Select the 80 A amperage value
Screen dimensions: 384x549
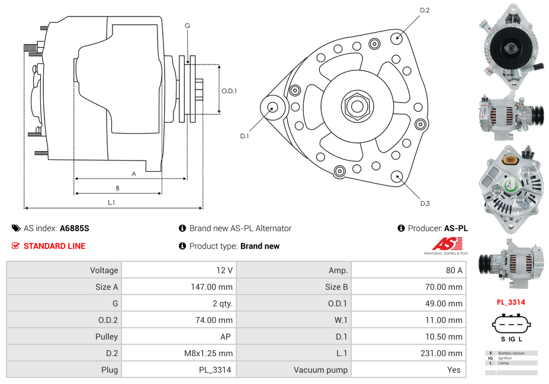(x=454, y=270)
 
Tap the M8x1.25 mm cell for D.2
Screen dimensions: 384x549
(x=208, y=353)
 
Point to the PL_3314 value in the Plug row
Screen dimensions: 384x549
(x=214, y=370)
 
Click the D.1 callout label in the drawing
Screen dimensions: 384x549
(x=244, y=136)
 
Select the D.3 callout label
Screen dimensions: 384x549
(x=425, y=204)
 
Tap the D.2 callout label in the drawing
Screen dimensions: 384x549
(x=425, y=11)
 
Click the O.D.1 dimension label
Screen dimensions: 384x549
(x=229, y=91)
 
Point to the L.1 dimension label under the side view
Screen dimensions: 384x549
(x=111, y=203)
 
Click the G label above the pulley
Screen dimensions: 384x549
(x=187, y=25)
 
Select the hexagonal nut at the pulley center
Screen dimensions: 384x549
(x=357, y=106)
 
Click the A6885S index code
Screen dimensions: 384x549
(x=75, y=228)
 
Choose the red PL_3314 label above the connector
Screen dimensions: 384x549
(x=511, y=302)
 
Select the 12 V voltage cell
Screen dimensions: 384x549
(x=224, y=270)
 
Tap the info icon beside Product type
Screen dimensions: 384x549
(x=182, y=246)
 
